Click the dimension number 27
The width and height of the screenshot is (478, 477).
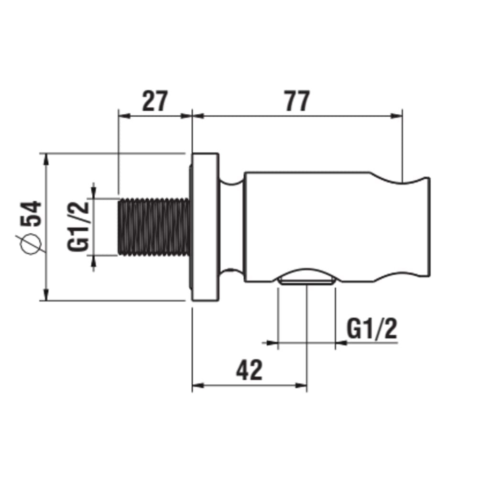155,101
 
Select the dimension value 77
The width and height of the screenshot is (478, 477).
297,101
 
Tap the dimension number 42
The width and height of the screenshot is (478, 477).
249,370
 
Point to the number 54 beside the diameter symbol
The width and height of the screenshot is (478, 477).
31,213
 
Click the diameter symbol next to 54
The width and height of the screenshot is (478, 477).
31,243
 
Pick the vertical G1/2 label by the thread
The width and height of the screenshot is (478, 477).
78,227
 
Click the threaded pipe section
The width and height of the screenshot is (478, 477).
154,227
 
